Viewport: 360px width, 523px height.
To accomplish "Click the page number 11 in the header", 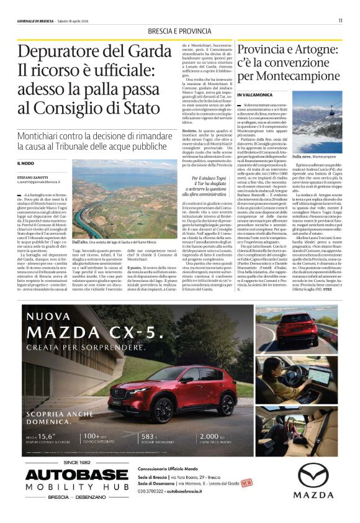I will click(340, 20).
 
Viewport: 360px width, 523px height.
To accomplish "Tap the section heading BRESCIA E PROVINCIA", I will click(179, 32).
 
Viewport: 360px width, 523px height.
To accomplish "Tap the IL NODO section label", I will click(27, 163).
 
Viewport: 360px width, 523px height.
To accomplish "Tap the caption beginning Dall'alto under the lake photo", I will click(112, 242).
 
